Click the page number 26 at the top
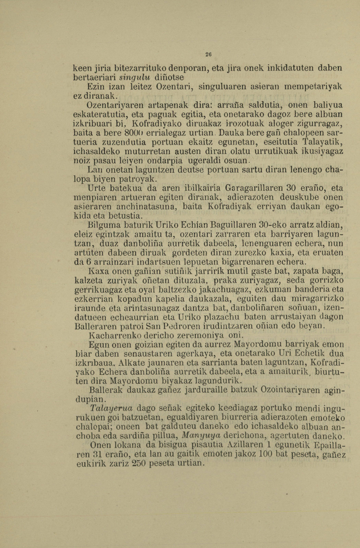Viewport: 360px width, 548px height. pos(208,54)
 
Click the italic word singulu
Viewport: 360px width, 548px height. pos(135,76)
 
